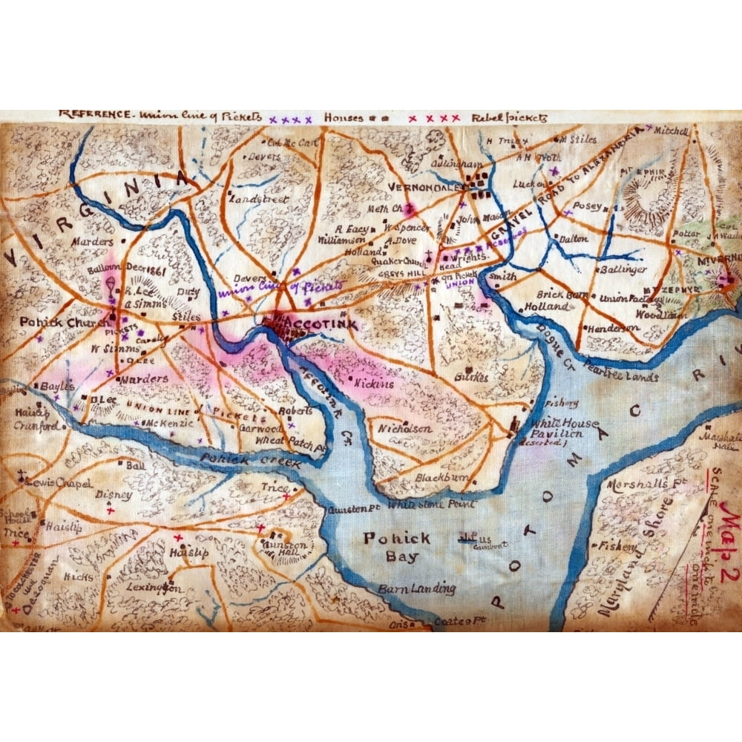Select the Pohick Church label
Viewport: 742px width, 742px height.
(56, 323)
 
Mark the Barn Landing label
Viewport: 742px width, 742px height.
(417, 588)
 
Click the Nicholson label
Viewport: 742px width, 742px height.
(405, 429)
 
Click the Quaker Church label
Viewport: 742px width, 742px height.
(393, 261)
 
